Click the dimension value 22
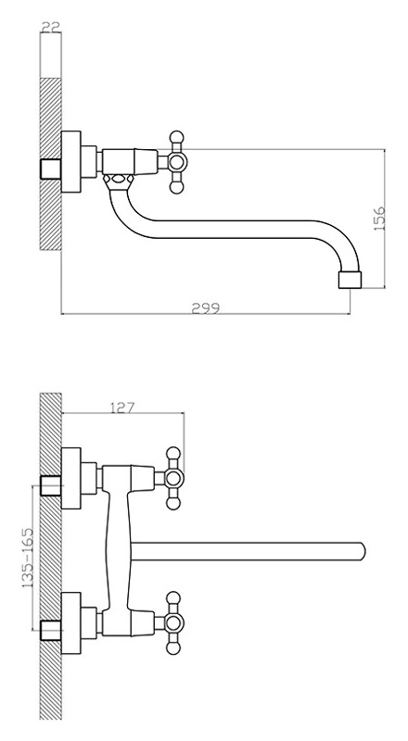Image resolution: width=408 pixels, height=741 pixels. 51,27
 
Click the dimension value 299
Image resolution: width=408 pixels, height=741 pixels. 206,308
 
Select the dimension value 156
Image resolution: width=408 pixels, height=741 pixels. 380,219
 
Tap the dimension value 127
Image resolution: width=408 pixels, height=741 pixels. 122,407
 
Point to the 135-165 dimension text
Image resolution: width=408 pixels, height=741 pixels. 28,558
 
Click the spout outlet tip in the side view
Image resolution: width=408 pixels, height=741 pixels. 350,280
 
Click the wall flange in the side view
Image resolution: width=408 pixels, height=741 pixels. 71,162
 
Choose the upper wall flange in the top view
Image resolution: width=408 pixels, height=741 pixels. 71,478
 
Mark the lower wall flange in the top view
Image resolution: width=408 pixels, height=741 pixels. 71,622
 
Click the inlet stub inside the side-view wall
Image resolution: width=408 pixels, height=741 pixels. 51,170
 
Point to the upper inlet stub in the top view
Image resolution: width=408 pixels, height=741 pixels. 51,485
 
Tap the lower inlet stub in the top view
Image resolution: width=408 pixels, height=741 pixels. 51,631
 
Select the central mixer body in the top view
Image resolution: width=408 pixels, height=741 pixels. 119,550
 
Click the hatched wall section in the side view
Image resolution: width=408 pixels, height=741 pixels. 51,164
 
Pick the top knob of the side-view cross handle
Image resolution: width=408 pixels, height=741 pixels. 176,137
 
